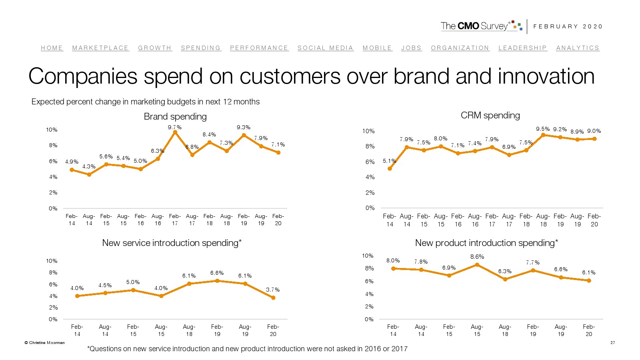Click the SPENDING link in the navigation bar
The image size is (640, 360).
(201, 48)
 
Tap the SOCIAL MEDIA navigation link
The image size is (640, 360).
(325, 48)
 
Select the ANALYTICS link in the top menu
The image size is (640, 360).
(578, 48)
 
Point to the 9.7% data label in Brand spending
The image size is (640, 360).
(175, 127)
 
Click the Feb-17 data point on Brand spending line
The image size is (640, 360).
(175, 132)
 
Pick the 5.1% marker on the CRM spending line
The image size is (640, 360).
(390, 168)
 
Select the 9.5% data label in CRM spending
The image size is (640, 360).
(543, 129)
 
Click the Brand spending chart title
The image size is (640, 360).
(175, 116)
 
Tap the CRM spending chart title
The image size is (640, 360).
(490, 115)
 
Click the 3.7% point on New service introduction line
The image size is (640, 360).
(273, 298)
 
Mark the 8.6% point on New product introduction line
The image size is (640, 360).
(477, 265)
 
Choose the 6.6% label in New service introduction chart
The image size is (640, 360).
(217, 273)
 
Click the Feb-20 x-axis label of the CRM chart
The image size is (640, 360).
(594, 220)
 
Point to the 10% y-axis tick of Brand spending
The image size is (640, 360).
(52, 130)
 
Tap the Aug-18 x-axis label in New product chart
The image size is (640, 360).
(505, 330)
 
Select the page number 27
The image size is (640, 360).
(612, 342)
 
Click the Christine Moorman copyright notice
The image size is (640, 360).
(45, 342)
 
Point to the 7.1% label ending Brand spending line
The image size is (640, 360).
(278, 144)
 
